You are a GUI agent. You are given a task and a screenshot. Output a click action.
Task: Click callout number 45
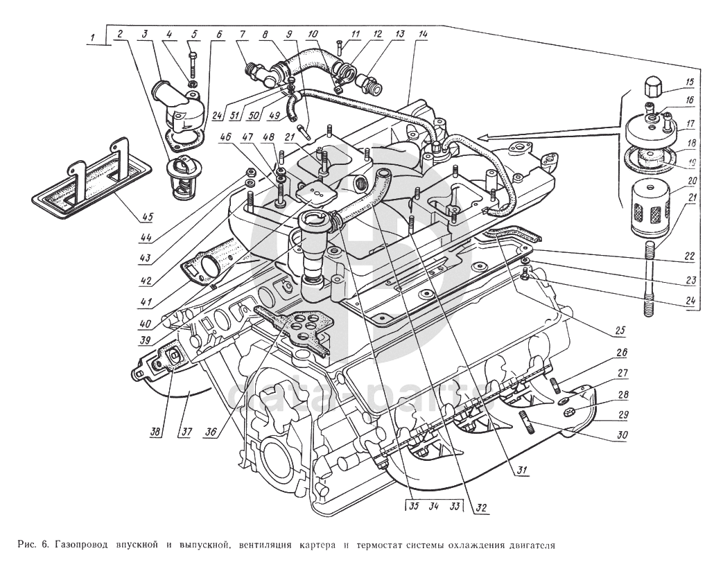tap(148, 216)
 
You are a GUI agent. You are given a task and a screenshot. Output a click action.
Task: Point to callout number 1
tap(94, 37)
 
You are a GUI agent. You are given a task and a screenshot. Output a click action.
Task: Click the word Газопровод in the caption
tap(81, 545)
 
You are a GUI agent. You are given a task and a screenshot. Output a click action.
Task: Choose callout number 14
tap(424, 34)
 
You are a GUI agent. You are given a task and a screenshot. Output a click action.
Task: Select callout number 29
tap(623, 415)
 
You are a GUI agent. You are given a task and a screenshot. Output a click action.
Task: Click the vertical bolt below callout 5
tap(192, 65)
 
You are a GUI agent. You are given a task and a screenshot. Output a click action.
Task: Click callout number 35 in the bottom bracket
tap(414, 506)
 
